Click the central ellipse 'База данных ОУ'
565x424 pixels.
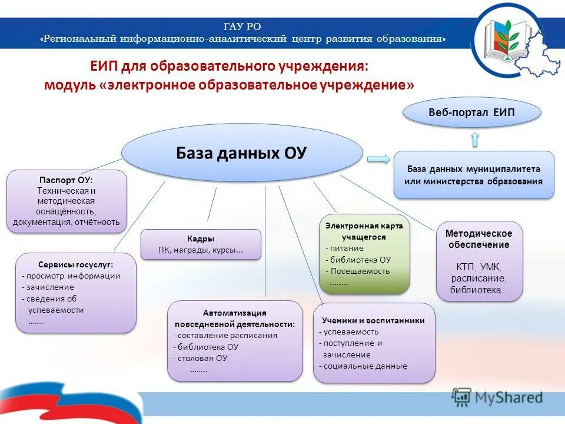242,153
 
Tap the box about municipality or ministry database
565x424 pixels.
474,175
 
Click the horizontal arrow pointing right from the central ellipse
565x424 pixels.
378,158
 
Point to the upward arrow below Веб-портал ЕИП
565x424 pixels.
475,140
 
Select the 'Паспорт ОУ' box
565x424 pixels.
67,201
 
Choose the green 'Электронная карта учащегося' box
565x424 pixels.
364,254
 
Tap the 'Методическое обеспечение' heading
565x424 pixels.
478,239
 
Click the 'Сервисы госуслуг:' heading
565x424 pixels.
76,264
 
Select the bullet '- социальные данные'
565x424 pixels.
363,366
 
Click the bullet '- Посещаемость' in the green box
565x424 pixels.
358,271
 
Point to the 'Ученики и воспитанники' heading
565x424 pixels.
373,320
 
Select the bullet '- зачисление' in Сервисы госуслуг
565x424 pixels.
48,287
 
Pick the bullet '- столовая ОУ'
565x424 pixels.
200,358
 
